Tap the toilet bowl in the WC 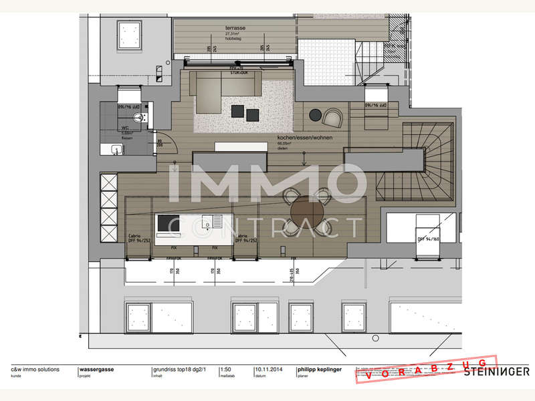coord(138,119)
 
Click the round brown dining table coord(308,215)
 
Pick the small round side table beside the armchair coord(316,116)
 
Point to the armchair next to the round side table coord(332,118)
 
